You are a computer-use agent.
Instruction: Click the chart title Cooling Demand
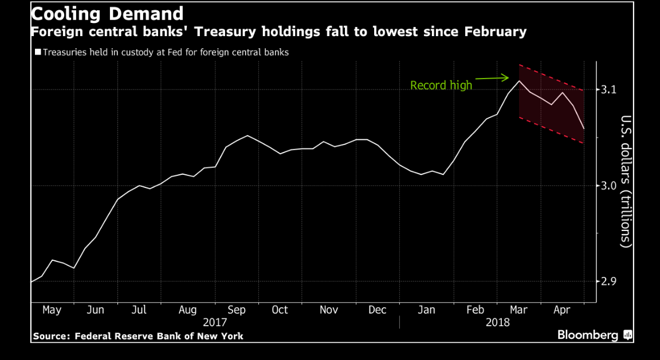[x=107, y=14]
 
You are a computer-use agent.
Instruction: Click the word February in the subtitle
[x=494, y=32]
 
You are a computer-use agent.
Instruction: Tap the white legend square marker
[x=38, y=52]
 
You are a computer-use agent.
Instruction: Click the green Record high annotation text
[x=441, y=85]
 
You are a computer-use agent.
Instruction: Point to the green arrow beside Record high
[x=493, y=78]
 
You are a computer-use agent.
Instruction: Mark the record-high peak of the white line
[x=519, y=81]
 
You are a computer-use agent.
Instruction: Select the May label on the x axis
[x=52, y=310]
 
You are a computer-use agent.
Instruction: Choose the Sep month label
[x=236, y=310]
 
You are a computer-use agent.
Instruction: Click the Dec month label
[x=377, y=310]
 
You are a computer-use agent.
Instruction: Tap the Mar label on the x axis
[x=518, y=310]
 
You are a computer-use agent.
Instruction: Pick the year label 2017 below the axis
[x=215, y=323]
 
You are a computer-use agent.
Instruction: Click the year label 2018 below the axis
[x=497, y=323]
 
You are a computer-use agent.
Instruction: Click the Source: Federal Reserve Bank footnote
[x=138, y=336]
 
